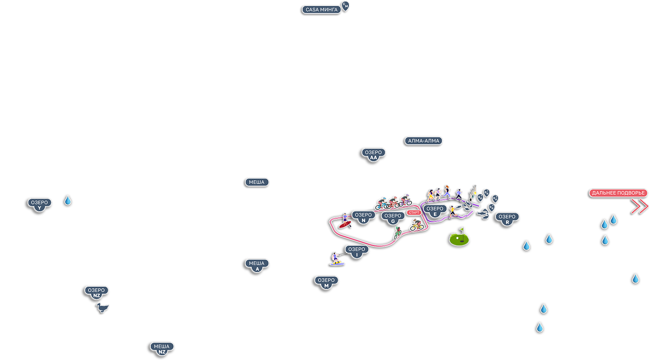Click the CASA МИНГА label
(x=321, y=9)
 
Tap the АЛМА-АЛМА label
(x=423, y=141)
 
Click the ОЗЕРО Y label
(x=39, y=204)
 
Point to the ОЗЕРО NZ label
(x=96, y=292)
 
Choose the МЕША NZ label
(x=162, y=348)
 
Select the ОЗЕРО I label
(x=357, y=251)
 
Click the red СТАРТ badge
(x=414, y=213)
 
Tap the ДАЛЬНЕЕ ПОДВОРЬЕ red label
(x=618, y=193)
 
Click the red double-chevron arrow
(x=640, y=206)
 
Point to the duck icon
(x=103, y=308)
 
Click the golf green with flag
(x=459, y=238)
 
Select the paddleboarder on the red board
(x=345, y=221)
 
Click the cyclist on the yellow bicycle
(x=416, y=225)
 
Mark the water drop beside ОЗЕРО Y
(x=68, y=201)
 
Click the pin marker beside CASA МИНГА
(x=345, y=6)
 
